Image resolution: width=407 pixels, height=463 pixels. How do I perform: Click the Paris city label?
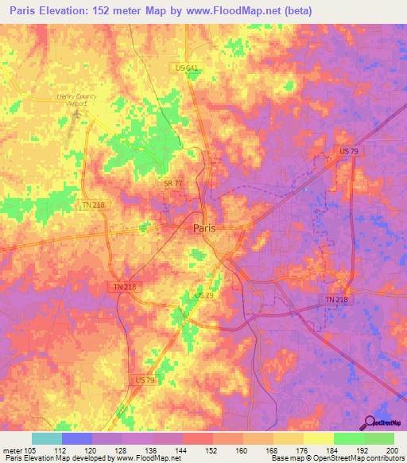coord(204,228)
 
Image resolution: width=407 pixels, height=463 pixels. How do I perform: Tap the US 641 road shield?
coord(186,69)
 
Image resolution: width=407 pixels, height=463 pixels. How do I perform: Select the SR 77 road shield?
coord(173,183)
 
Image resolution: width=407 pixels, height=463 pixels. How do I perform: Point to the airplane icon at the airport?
coord(77,113)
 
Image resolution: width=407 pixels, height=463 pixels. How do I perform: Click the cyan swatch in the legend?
coord(47,438)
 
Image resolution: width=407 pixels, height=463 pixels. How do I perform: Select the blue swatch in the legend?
coord(77,438)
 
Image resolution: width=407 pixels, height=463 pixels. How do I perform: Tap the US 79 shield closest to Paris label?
coord(203,296)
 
